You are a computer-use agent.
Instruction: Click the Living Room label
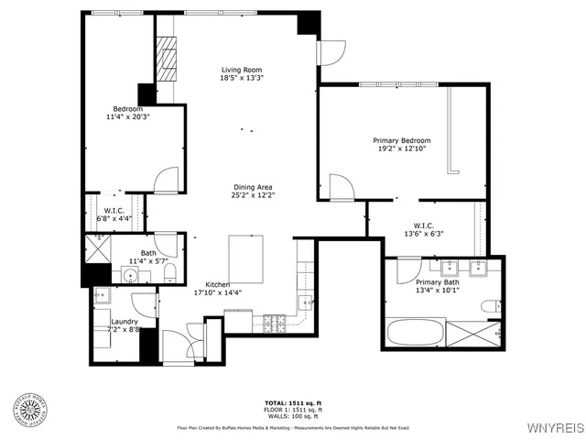click(x=242, y=70)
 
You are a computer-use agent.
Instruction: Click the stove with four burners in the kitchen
click(x=274, y=322)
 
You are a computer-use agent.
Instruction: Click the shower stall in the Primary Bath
click(x=476, y=333)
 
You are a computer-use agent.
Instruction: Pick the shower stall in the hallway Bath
click(x=96, y=247)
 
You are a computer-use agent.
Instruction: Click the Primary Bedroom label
click(x=400, y=140)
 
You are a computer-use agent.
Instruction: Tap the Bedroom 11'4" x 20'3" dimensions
click(x=126, y=117)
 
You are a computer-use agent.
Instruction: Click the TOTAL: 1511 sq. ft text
click(x=293, y=402)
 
